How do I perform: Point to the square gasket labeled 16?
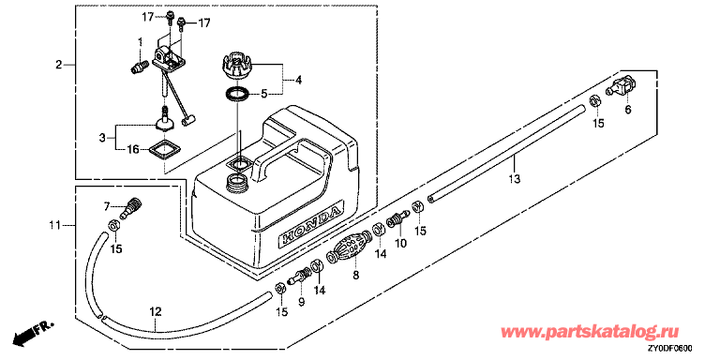pyautogui.click(x=164, y=149)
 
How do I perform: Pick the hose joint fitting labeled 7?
pyautogui.click(x=130, y=207)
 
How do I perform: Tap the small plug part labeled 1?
pyautogui.click(x=136, y=67)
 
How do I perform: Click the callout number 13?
pyautogui.click(x=515, y=179)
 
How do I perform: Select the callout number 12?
pyautogui.click(x=156, y=312)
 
